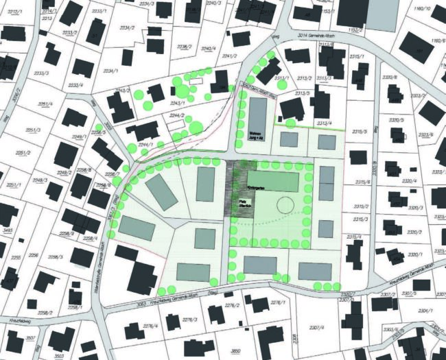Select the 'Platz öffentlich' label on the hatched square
point(244,203)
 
